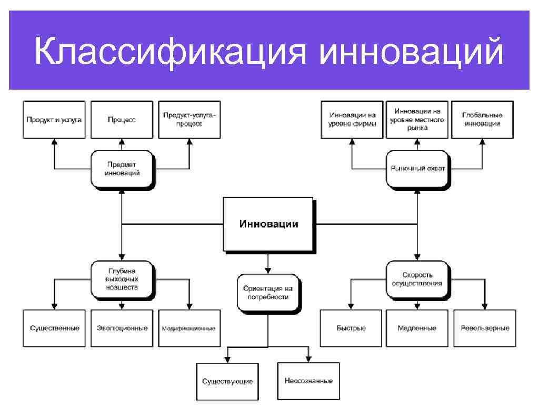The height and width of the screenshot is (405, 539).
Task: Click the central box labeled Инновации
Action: tap(268, 224)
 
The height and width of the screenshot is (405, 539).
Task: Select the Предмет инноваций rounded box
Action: tap(122, 169)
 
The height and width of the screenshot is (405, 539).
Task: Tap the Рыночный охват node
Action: tap(417, 169)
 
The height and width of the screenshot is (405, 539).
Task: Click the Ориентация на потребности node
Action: tap(268, 293)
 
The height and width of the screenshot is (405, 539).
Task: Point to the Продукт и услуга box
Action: tap(54, 120)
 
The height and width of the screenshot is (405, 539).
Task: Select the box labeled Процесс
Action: tap(122, 120)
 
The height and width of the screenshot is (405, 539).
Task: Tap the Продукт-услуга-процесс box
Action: tap(189, 120)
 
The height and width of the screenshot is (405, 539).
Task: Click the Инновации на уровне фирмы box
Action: tap(352, 120)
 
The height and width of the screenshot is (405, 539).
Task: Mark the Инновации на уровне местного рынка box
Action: tap(417, 120)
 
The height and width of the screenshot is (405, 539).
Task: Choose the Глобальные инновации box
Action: tap(482, 120)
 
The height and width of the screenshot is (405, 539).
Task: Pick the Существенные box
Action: tap(54, 328)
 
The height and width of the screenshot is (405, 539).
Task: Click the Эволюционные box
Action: tap(122, 328)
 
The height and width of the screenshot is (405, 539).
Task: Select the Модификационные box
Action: tap(189, 328)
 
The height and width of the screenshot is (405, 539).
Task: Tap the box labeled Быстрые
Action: tap(351, 328)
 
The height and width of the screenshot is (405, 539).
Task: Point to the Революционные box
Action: tap(485, 328)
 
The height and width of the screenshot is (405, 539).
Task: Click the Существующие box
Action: tap(227, 381)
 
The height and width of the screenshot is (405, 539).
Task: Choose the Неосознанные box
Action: tap(308, 381)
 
